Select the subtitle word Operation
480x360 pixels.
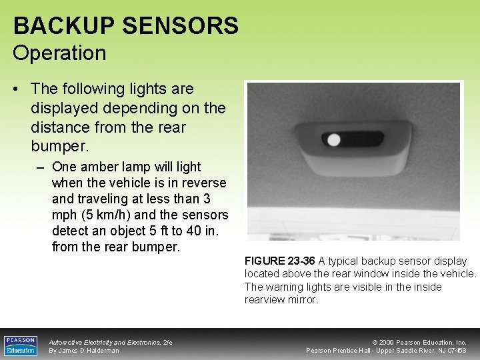(x=59, y=53)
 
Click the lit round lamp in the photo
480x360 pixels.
(x=333, y=140)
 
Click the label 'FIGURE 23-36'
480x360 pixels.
(x=279, y=261)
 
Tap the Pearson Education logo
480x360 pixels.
(x=21, y=345)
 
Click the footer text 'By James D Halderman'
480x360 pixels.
(x=84, y=351)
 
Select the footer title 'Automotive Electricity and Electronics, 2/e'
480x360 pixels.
(x=111, y=342)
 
